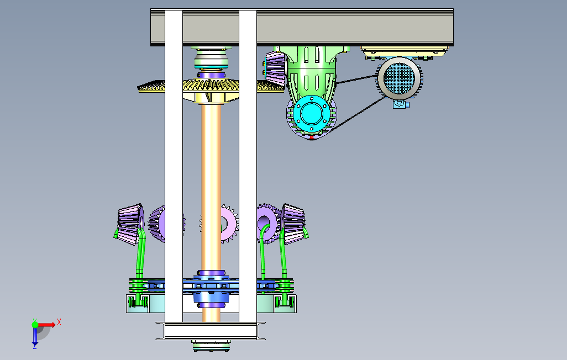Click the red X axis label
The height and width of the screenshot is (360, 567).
click(x=59, y=322)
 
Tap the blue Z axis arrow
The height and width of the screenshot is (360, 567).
click(x=35, y=337)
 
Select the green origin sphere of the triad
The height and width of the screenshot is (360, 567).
click(x=35, y=325)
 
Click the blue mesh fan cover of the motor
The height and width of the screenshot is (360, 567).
click(x=399, y=78)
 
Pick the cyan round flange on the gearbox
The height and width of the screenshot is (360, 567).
click(x=311, y=114)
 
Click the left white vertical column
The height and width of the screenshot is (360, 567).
click(x=174, y=166)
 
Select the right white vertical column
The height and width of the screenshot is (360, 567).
click(x=248, y=166)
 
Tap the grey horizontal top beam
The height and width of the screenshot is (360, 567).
click(x=302, y=28)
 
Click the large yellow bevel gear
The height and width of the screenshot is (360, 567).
click(x=211, y=87)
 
